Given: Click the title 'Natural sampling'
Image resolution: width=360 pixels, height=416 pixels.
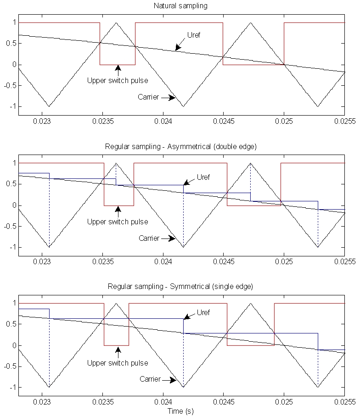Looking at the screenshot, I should [181, 6].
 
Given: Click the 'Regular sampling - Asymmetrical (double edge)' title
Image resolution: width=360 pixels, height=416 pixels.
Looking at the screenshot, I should [181, 146].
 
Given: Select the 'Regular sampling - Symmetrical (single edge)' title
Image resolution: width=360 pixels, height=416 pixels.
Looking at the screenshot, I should [181, 287].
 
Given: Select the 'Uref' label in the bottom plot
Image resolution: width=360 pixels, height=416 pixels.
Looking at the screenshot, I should [202, 312].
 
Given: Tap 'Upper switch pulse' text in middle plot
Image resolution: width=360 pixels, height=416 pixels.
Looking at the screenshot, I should [118, 222].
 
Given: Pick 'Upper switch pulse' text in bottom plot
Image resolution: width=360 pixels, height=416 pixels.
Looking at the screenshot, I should [118, 363].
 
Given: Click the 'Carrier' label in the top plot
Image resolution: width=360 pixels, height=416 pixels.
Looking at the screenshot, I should [148, 97].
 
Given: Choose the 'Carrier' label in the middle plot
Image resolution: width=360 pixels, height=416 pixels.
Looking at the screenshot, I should [148, 238].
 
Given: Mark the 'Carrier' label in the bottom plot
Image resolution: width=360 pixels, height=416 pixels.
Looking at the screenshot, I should [148, 379].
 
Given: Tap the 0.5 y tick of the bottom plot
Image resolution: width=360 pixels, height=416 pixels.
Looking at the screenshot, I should [10, 324].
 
